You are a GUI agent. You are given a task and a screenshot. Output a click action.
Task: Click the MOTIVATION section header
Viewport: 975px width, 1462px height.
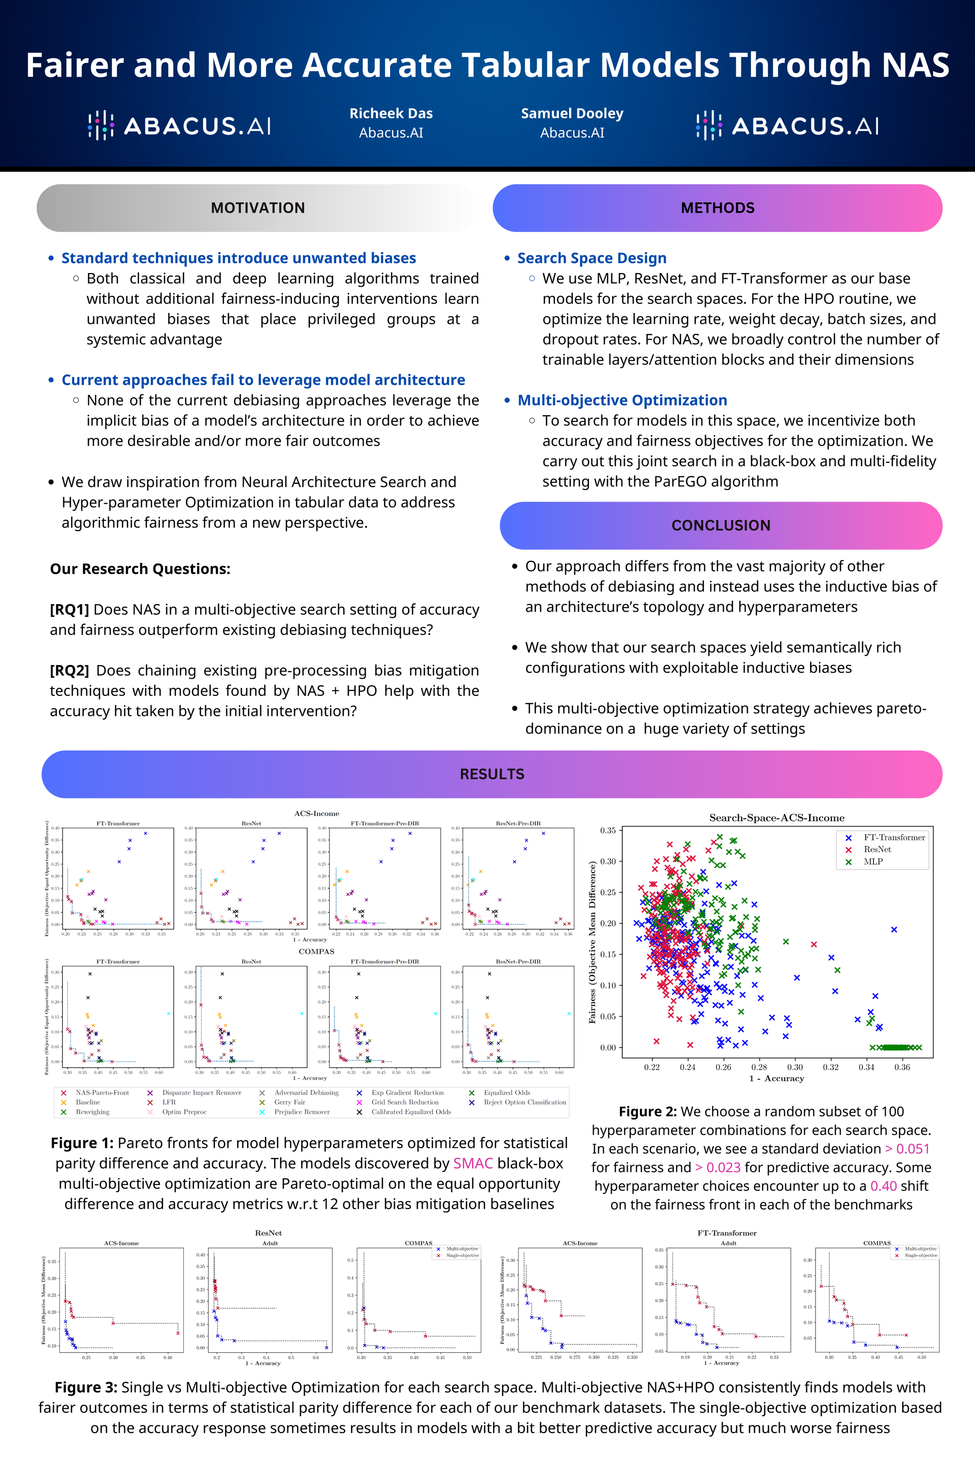coord(257,208)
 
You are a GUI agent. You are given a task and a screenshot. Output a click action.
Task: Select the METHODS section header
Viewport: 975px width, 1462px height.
coord(717,208)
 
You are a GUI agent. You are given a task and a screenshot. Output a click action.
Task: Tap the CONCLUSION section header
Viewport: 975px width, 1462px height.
coord(721,526)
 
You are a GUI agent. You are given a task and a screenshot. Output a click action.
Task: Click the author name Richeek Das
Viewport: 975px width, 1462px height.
coord(391,114)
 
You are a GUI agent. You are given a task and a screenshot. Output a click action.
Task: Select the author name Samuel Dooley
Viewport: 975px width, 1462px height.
coord(572,114)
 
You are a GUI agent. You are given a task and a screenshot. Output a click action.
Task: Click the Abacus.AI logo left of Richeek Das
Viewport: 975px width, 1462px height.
coord(179,126)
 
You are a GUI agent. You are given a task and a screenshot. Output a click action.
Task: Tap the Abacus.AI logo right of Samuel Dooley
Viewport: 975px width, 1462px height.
coord(787,126)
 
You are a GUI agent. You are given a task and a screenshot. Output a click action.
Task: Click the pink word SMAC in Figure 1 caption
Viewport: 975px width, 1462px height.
coord(473,1164)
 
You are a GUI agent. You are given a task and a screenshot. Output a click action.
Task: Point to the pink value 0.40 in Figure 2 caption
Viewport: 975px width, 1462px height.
coord(883,1186)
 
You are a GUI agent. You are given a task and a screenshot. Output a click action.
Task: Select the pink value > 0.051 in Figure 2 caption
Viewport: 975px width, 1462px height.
coord(907,1149)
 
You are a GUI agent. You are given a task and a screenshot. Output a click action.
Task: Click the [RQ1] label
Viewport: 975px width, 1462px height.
coord(69,610)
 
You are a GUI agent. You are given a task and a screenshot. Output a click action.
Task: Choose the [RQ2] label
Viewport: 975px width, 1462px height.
coord(69,671)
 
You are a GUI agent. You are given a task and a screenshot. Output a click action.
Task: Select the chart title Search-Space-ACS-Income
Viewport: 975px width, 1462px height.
coord(776,818)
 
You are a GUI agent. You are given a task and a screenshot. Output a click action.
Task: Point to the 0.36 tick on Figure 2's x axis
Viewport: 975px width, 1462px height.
coord(902,1067)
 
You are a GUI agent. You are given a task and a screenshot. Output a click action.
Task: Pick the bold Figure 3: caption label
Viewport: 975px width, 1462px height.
coord(86,1387)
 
